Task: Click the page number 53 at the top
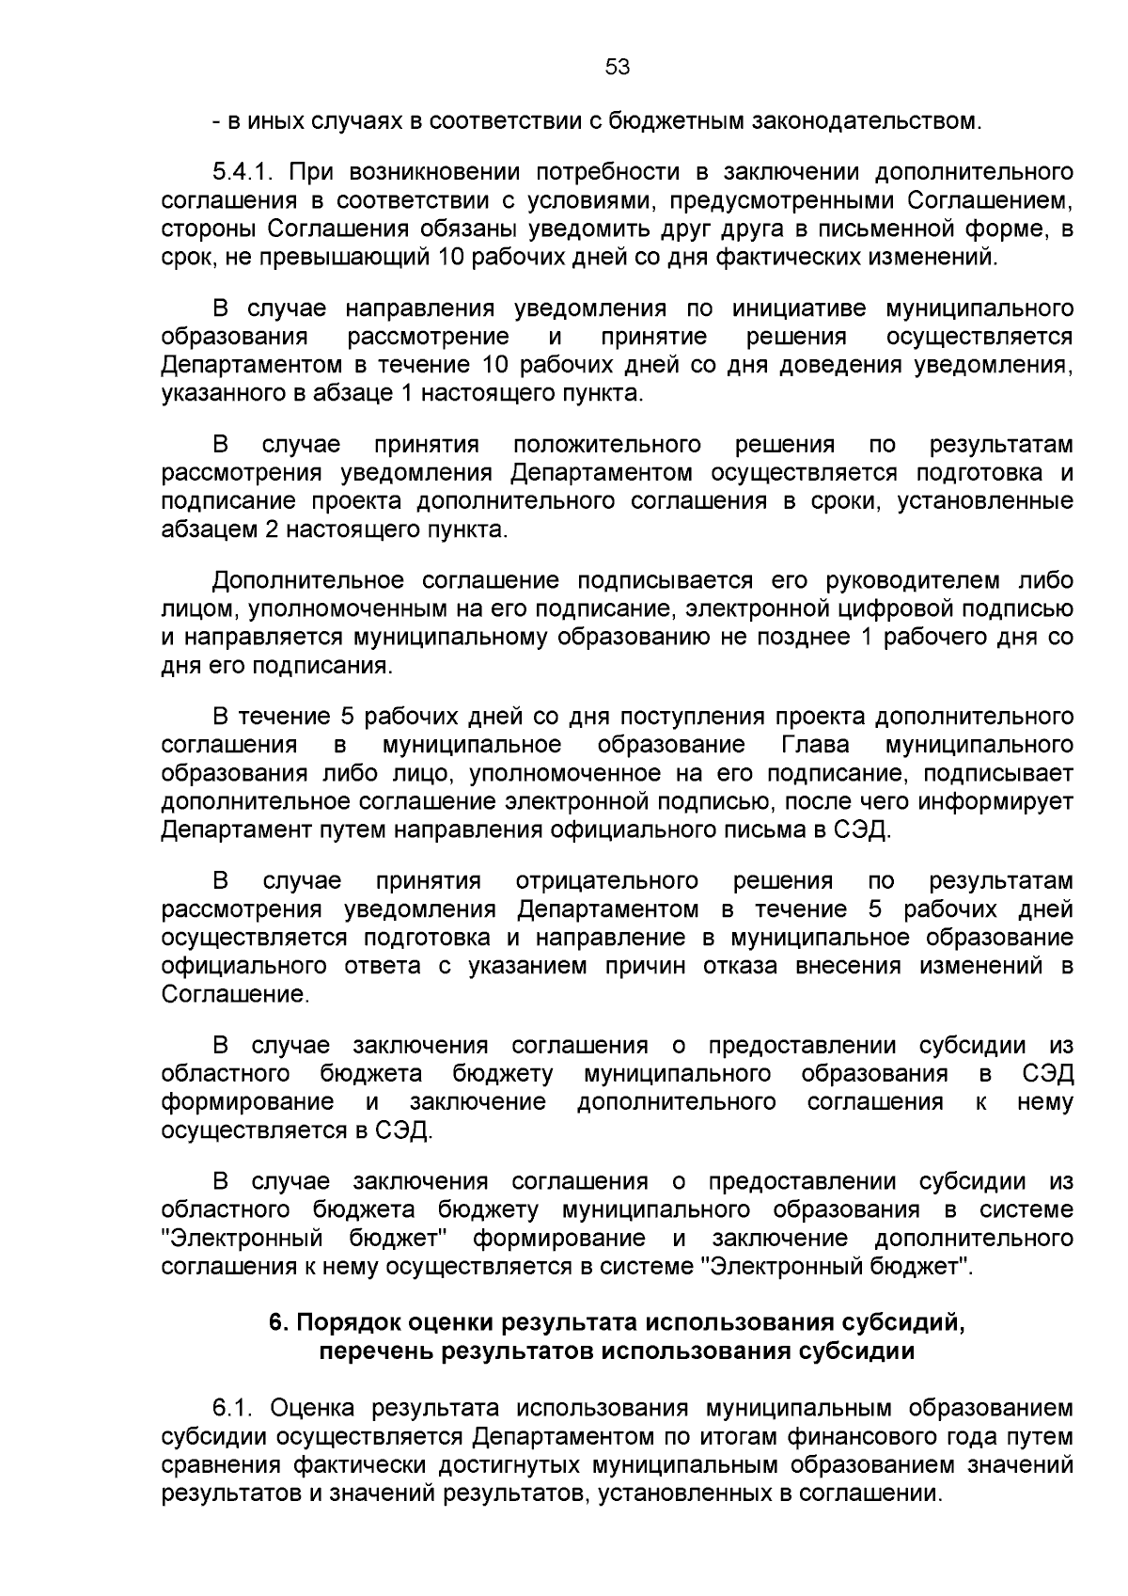tap(617, 67)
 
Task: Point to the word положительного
tap(607, 444)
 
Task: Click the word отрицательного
tap(607, 881)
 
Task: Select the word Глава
tap(815, 745)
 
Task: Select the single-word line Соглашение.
tap(235, 994)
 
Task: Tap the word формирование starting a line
tap(247, 1101)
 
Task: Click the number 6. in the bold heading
tap(278, 1322)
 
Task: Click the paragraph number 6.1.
tap(234, 1408)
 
